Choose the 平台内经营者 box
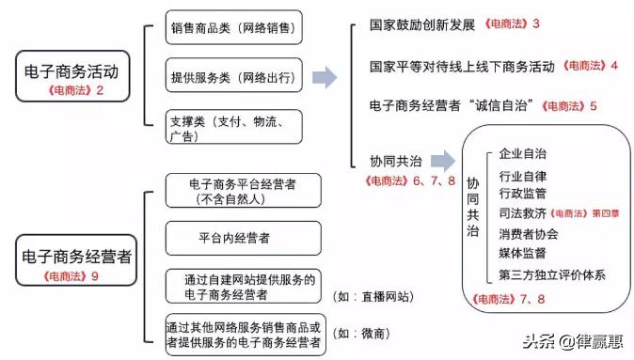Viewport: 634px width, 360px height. tap(243, 239)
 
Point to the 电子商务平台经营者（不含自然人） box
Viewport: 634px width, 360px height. tap(243, 190)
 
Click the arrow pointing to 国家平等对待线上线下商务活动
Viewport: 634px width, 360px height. tap(325, 77)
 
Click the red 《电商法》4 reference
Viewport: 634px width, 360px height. tap(590, 66)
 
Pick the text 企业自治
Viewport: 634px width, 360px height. tap(523, 152)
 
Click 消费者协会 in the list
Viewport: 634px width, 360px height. tap(528, 233)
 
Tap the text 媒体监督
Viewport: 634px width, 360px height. tap(523, 253)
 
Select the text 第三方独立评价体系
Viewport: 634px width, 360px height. tap(552, 274)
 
